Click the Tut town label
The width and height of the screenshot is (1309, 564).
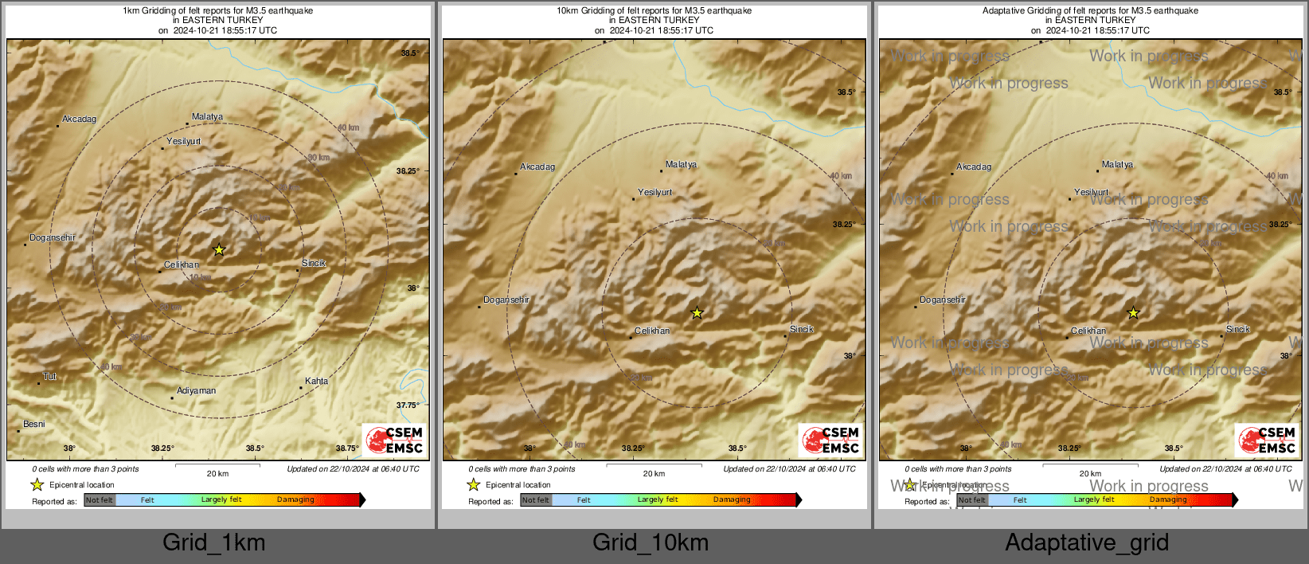[x=49, y=377]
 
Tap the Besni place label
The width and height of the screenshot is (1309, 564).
[x=33, y=425]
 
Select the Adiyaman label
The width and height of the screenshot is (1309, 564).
[x=196, y=391]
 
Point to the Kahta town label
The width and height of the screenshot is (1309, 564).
[x=316, y=382]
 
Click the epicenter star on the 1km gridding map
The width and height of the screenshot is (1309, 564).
[x=219, y=249]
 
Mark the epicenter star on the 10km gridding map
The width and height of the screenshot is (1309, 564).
[x=697, y=313]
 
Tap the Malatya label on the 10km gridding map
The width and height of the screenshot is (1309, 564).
[x=681, y=165]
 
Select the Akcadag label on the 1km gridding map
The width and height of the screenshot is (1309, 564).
[x=79, y=119]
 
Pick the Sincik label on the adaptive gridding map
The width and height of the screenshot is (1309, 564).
[x=1238, y=329]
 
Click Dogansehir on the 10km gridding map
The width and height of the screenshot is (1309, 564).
[x=506, y=300]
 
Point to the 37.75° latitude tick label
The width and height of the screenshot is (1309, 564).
[x=408, y=405]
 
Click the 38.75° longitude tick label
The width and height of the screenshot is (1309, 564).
[x=346, y=448]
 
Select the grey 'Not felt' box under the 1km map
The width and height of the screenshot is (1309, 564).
[x=100, y=500]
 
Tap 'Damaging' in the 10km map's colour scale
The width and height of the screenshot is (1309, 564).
[x=732, y=500]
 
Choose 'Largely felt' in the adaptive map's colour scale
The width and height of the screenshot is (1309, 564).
[x=1094, y=500]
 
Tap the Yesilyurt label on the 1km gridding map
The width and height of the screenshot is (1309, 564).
[x=183, y=142]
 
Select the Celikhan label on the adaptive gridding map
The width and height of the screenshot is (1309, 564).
[x=1088, y=331]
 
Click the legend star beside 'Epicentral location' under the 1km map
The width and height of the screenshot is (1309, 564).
[x=37, y=484]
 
